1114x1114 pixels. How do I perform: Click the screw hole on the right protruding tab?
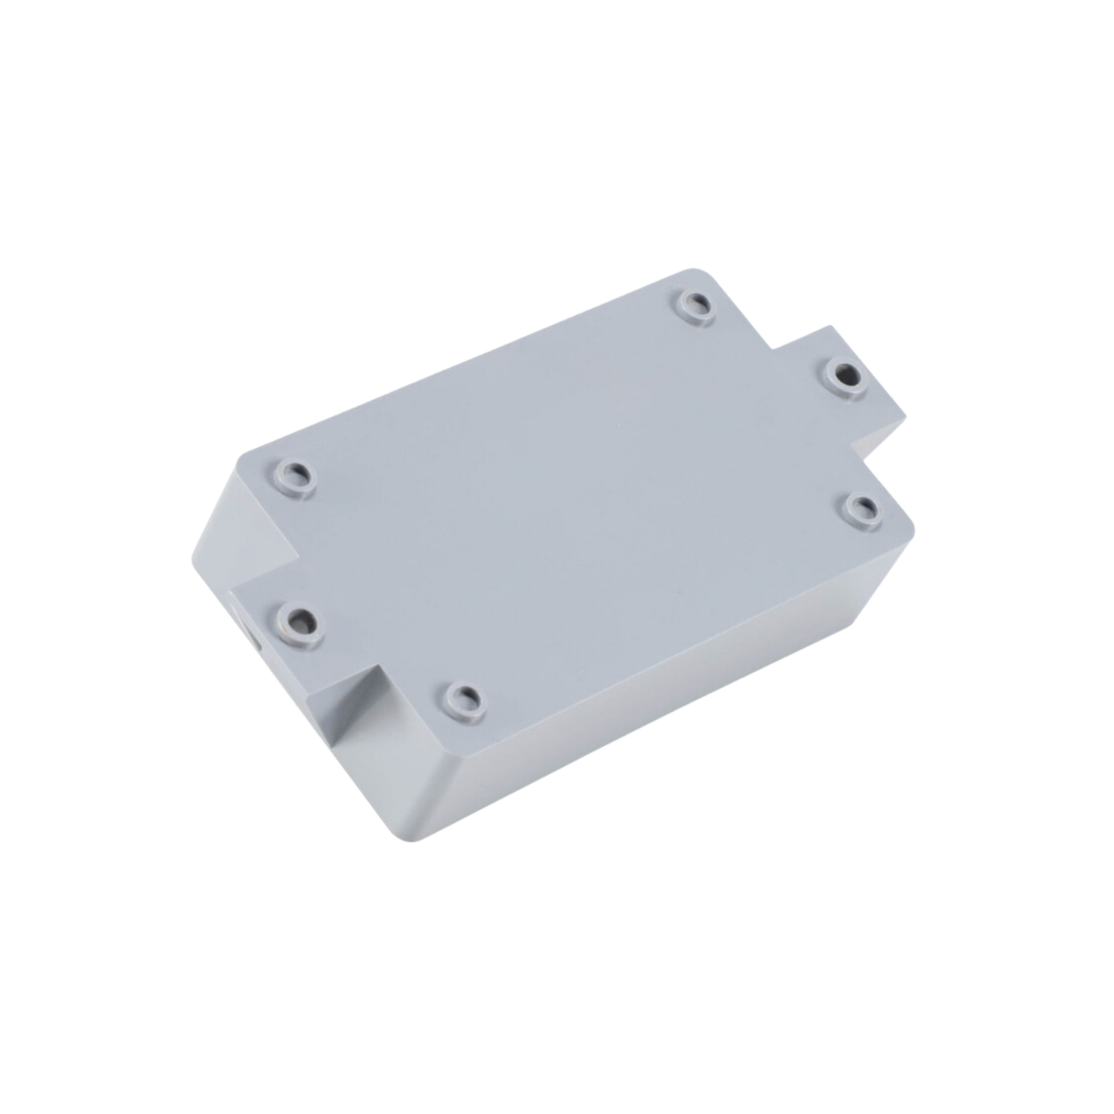coord(843,374)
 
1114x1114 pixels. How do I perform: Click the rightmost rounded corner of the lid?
coord(911,528)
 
